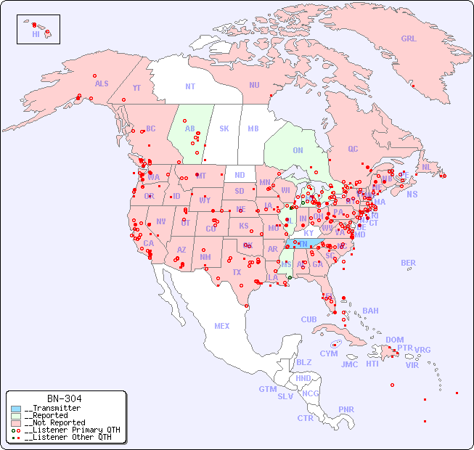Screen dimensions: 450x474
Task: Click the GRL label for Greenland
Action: coord(409,38)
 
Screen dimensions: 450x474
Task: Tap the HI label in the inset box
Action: coord(36,33)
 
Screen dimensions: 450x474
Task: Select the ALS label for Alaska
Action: coord(102,83)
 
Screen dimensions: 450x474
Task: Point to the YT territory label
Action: coord(136,88)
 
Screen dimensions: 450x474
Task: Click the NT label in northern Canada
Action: coord(190,86)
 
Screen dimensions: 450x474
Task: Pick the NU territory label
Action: coord(254,85)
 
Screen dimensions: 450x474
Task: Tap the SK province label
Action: coord(224,128)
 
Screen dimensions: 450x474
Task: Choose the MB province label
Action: coord(253,128)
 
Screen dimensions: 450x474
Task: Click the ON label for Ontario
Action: coord(298,150)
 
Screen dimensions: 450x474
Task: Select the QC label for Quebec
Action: coord(353,149)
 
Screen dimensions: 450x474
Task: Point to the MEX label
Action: coord(222,326)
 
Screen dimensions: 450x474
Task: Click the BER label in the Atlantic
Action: coord(409,263)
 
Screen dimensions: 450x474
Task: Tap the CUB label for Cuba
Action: coord(308,319)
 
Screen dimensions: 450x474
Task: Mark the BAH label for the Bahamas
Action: coord(370,311)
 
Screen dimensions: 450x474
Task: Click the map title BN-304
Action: coord(64,398)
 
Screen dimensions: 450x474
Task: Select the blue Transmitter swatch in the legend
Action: coord(17,409)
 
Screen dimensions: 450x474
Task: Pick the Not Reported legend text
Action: coord(54,422)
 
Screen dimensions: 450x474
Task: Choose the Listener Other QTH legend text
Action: coord(68,437)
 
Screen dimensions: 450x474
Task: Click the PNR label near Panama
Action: coord(346,409)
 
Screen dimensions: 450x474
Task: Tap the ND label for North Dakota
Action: coord(240,175)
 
